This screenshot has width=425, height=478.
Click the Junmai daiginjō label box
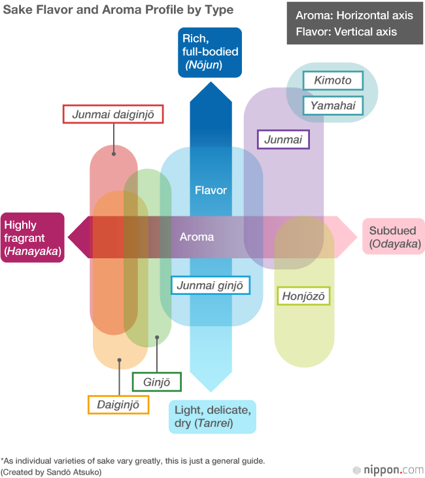pyautogui.click(x=112, y=114)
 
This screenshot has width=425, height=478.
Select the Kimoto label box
pyautogui.click(x=332, y=80)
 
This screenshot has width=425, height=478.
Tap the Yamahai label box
pyautogui.click(x=332, y=105)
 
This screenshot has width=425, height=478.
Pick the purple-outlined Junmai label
pyautogui.click(x=283, y=139)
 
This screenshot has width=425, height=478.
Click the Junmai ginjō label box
pyautogui.click(x=210, y=285)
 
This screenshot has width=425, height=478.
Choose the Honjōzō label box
pyautogui.click(x=303, y=296)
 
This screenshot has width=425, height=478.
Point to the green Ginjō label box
pyautogui.click(x=156, y=381)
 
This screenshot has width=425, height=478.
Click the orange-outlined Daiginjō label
pyautogui.click(x=118, y=404)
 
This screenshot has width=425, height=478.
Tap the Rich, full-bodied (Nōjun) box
pyautogui.click(x=210, y=52)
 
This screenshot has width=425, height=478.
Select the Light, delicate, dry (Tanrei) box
pyautogui.click(x=212, y=417)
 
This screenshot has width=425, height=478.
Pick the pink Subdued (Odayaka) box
pyautogui.click(x=394, y=237)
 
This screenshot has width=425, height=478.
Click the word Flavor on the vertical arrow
pyautogui.click(x=211, y=190)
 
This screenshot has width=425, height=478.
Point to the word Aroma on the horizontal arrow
pyautogui.click(x=196, y=237)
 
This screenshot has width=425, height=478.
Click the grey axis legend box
pyautogui.click(x=354, y=24)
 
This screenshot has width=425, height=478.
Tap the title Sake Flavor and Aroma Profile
pyautogui.click(x=118, y=10)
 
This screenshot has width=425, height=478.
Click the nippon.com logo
pyautogui.click(x=387, y=469)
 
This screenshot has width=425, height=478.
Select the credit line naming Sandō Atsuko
pyautogui.click(x=51, y=471)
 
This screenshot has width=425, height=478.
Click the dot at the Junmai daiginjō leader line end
pyautogui.click(x=114, y=154)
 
